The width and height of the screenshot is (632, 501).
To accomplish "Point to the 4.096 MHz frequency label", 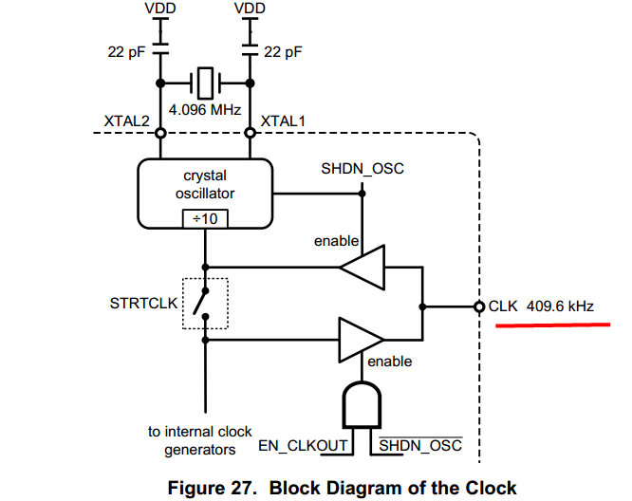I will pos(206,108).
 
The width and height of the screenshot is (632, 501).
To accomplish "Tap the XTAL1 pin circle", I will pos(250,133).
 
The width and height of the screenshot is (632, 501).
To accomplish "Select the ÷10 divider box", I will pos(205,218).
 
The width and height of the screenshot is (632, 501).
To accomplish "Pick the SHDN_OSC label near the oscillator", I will pos(363,169).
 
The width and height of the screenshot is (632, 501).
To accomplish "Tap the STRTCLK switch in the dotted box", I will pos(204,304).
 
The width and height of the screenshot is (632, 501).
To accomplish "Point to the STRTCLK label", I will pos(142,305).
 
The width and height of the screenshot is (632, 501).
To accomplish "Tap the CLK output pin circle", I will pos(479,306).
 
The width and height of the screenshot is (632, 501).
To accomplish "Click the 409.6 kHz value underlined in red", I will pos(560,306).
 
